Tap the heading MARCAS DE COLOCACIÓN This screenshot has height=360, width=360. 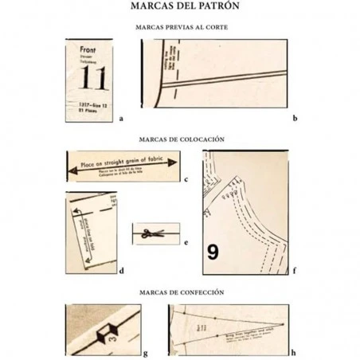[179, 138]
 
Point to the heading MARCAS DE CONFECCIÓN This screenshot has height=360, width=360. [180, 292]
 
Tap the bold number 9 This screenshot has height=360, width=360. [213, 252]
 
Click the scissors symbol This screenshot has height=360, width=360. [149, 233]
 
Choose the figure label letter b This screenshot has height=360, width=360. [295, 118]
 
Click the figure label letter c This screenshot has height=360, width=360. [185, 179]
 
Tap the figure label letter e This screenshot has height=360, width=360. [185, 241]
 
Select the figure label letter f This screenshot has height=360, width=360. [295, 271]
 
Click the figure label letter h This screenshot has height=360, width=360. [295, 351]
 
